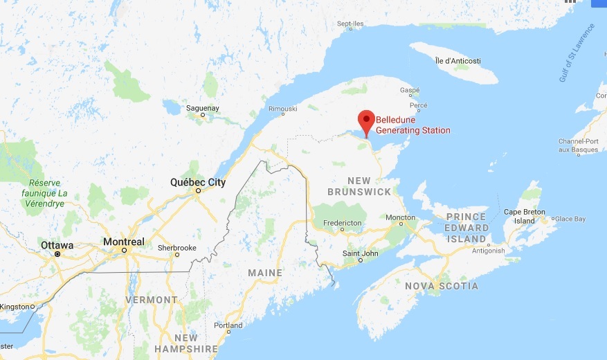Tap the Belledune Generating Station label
coord(413,125)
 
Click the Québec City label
coord(198,183)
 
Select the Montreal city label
coord(124,242)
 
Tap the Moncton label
coord(401,217)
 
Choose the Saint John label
coord(361,253)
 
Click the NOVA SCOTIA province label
coord(442,286)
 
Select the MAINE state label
coord(265,273)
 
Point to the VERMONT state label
coord(152,300)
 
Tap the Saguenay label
coord(202,108)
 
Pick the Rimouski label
coord(282,109)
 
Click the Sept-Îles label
coord(350,24)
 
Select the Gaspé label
coord(410,91)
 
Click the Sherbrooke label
coord(176,247)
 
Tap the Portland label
coord(228,325)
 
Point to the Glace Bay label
coord(570,219)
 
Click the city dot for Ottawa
coord(57,254)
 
